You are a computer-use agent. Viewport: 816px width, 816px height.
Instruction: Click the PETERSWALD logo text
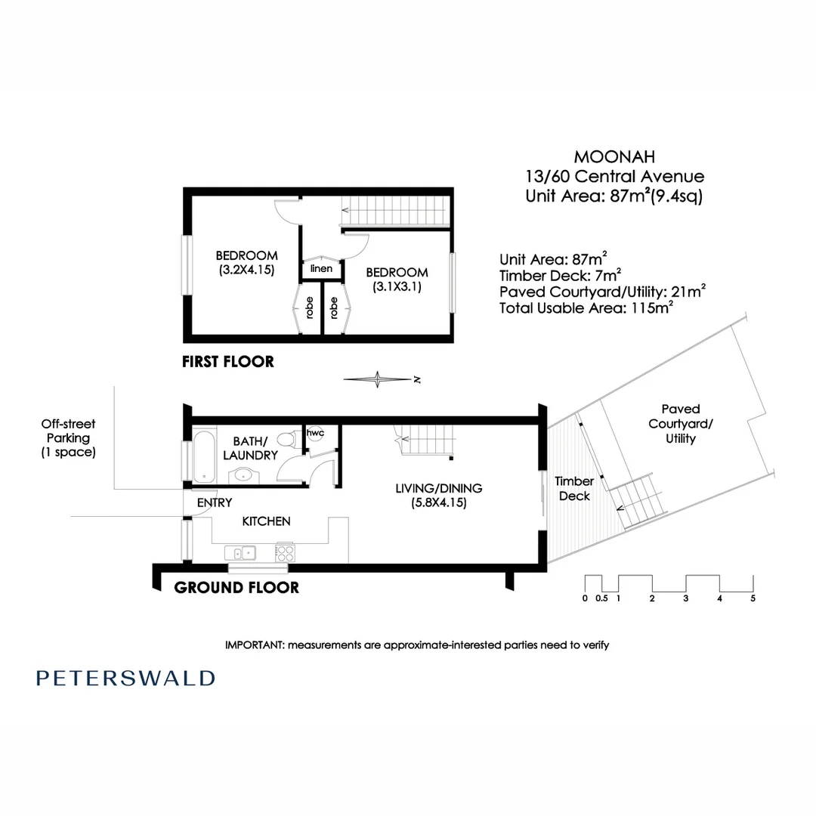pos(125,678)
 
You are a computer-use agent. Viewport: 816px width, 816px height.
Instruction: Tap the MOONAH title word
pos(614,157)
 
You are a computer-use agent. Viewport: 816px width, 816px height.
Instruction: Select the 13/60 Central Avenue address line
pos(614,177)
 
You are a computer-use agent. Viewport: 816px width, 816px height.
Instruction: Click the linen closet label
pos(321,268)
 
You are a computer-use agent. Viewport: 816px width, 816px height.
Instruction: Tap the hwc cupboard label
pos(315,433)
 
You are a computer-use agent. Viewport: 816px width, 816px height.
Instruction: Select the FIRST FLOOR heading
pos(227,362)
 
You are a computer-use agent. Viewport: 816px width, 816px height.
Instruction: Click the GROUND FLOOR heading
pos(236,587)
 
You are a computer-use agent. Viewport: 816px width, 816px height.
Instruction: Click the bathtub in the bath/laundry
pos(202,456)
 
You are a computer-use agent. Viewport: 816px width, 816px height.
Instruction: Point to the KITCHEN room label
pos(266,521)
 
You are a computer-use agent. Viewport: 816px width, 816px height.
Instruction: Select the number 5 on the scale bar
pos(753,598)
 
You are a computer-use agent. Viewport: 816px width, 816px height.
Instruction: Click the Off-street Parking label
pos(69,437)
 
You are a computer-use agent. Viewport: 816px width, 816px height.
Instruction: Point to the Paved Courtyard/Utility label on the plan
pos(680,424)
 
